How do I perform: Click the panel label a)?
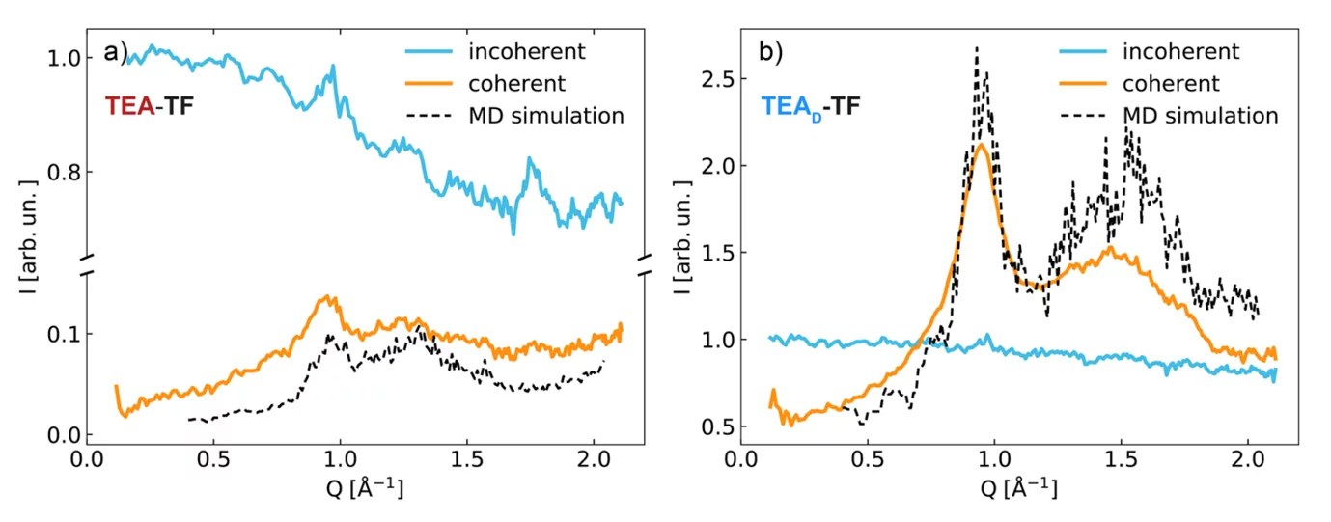(x=115, y=53)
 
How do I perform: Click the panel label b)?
(x=771, y=53)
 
